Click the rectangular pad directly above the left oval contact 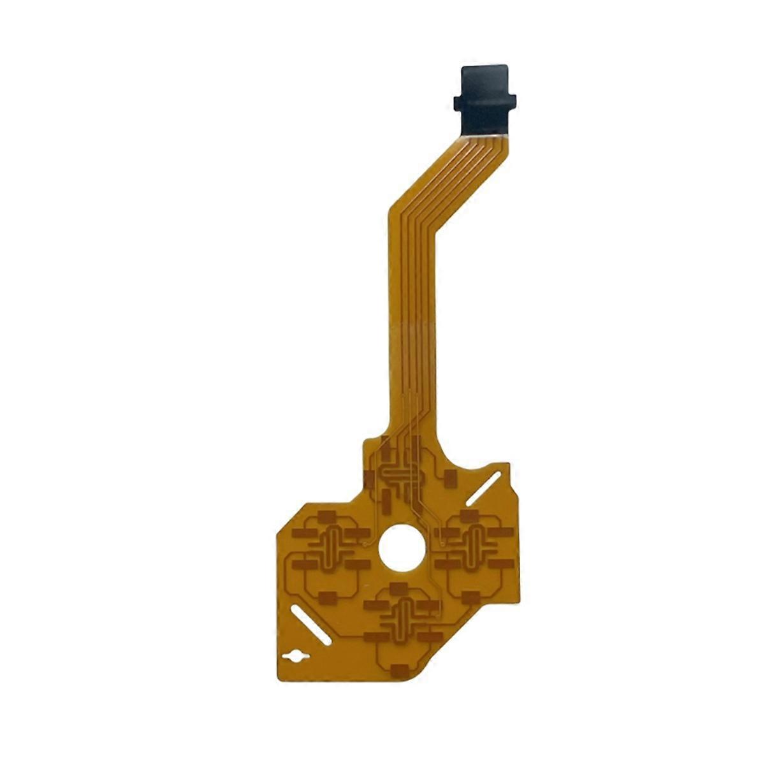(x=327, y=515)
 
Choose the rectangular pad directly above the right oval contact (x=470, y=515)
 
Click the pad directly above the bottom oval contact (x=399, y=588)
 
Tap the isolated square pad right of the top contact (x=449, y=477)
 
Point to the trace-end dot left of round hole (x=365, y=546)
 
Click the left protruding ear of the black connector (x=456, y=101)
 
